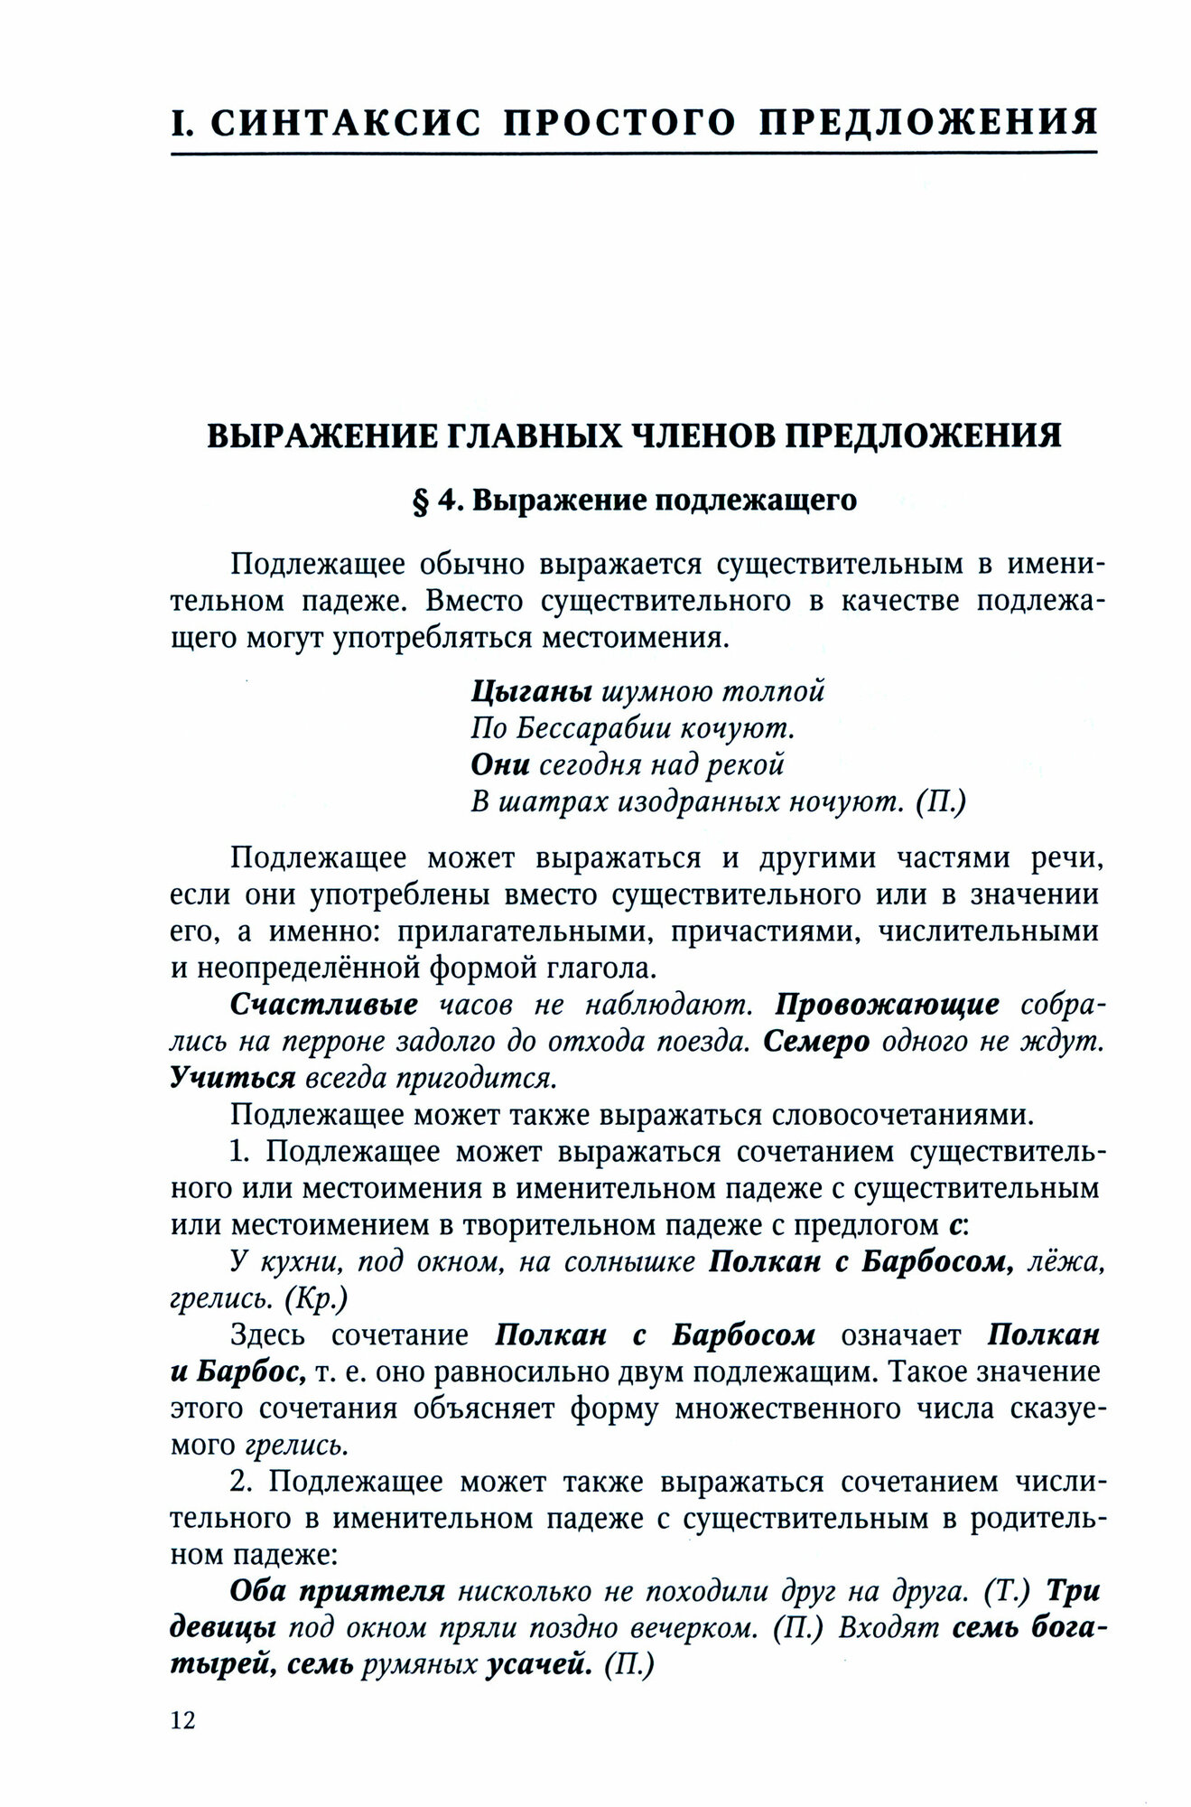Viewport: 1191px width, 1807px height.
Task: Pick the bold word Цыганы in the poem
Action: click(531, 692)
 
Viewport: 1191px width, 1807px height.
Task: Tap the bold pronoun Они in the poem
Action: click(500, 764)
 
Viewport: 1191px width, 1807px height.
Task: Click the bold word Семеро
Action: click(816, 1041)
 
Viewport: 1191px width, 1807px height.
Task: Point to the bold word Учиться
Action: click(233, 1078)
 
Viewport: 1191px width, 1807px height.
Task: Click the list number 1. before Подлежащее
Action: click(241, 1152)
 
